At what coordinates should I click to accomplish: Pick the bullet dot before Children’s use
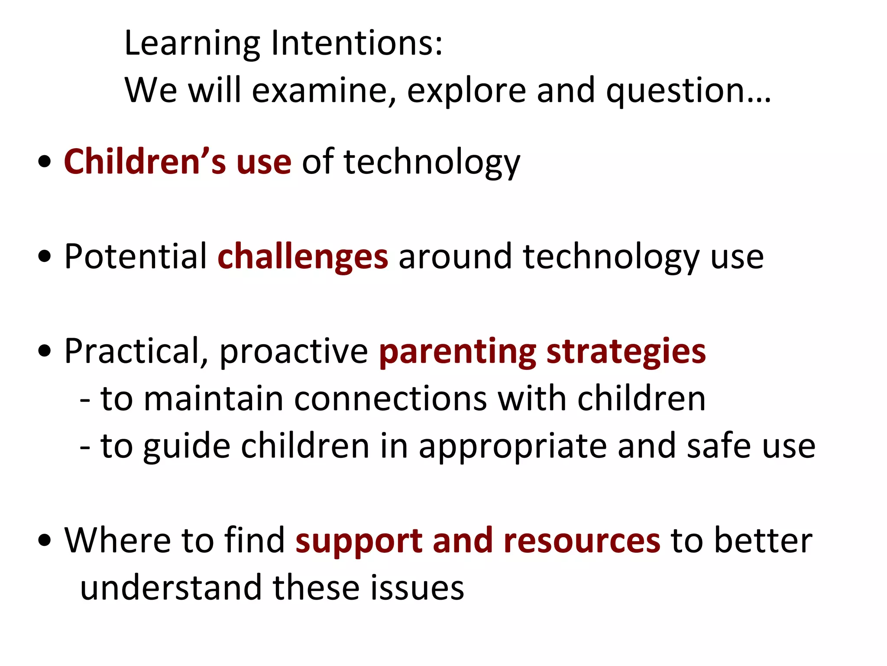tap(45, 162)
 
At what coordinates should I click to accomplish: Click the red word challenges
tap(303, 257)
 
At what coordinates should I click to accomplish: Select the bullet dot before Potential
tap(45, 257)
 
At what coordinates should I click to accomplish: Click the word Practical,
tap(136, 351)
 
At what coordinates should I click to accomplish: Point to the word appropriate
tap(513, 447)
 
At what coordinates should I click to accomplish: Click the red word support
tap(359, 541)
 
